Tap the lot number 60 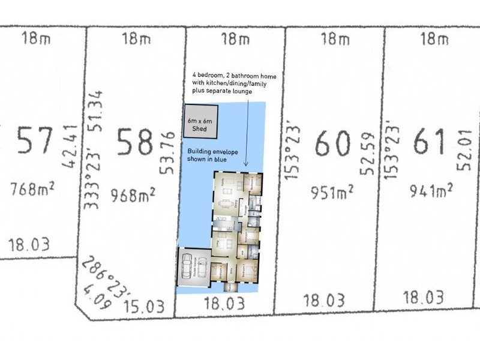coord(333,143)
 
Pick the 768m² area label coord(33,191)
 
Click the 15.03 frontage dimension coord(144,307)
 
